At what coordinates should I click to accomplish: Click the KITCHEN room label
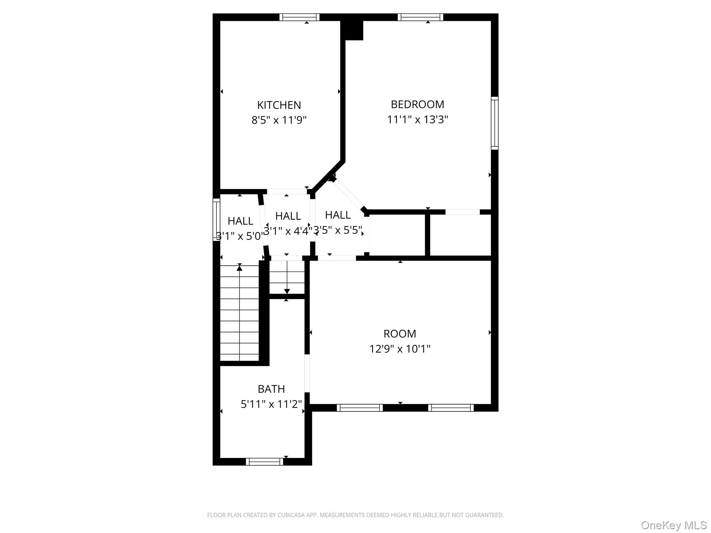[x=279, y=105]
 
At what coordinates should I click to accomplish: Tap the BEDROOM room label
[x=417, y=104]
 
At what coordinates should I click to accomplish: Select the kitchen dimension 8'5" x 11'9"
[x=279, y=120]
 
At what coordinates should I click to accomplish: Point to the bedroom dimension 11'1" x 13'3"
[x=417, y=119]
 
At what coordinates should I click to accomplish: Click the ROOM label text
[x=400, y=333]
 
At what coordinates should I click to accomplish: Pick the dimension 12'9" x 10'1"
[x=400, y=349]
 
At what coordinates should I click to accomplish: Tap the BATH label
[x=271, y=389]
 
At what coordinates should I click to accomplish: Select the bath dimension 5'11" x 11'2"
[x=271, y=404]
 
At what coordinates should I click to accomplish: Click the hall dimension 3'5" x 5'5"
[x=338, y=230]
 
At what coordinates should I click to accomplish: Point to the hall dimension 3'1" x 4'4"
[x=288, y=231]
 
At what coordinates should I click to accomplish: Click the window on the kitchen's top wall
[x=299, y=17]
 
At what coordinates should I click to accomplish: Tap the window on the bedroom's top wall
[x=420, y=17]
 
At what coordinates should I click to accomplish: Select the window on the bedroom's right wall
[x=494, y=123]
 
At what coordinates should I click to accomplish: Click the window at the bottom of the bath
[x=265, y=462]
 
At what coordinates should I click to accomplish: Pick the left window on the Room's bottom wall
[x=360, y=408]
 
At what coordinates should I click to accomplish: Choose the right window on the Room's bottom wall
[x=451, y=408]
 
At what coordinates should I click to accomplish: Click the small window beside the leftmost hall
[x=216, y=220]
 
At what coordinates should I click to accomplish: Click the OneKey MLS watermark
[x=674, y=525]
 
